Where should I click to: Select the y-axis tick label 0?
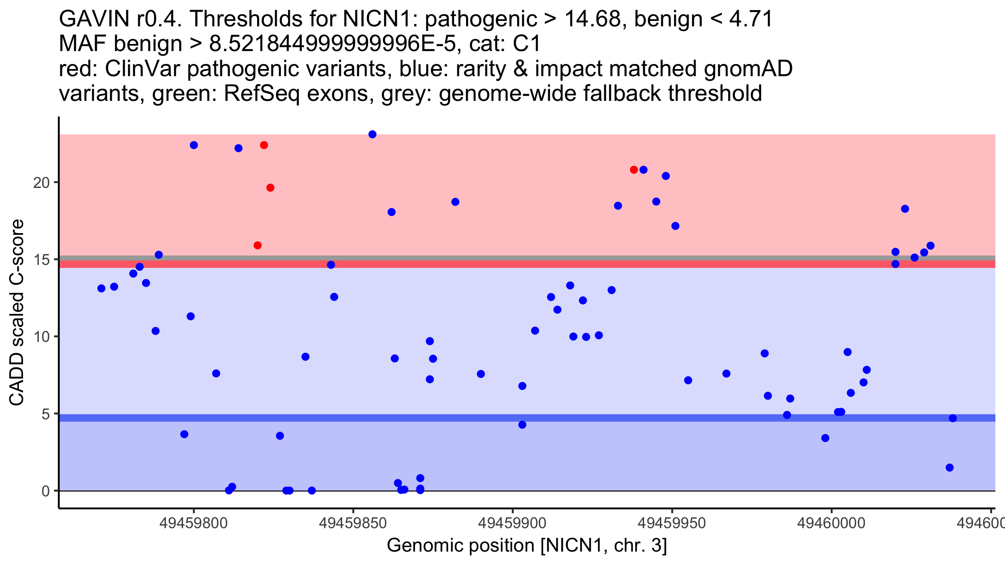point(45,491)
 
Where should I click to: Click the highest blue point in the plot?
point(372,134)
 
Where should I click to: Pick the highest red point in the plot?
point(264,145)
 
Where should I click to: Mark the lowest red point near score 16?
point(258,245)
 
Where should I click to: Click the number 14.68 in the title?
point(592,19)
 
